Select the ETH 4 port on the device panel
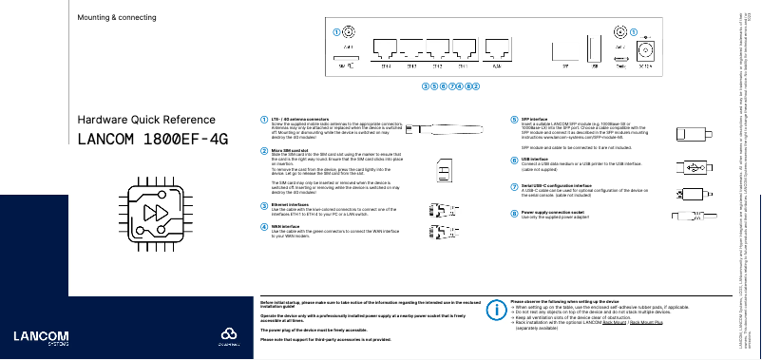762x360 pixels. [x=386, y=49]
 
